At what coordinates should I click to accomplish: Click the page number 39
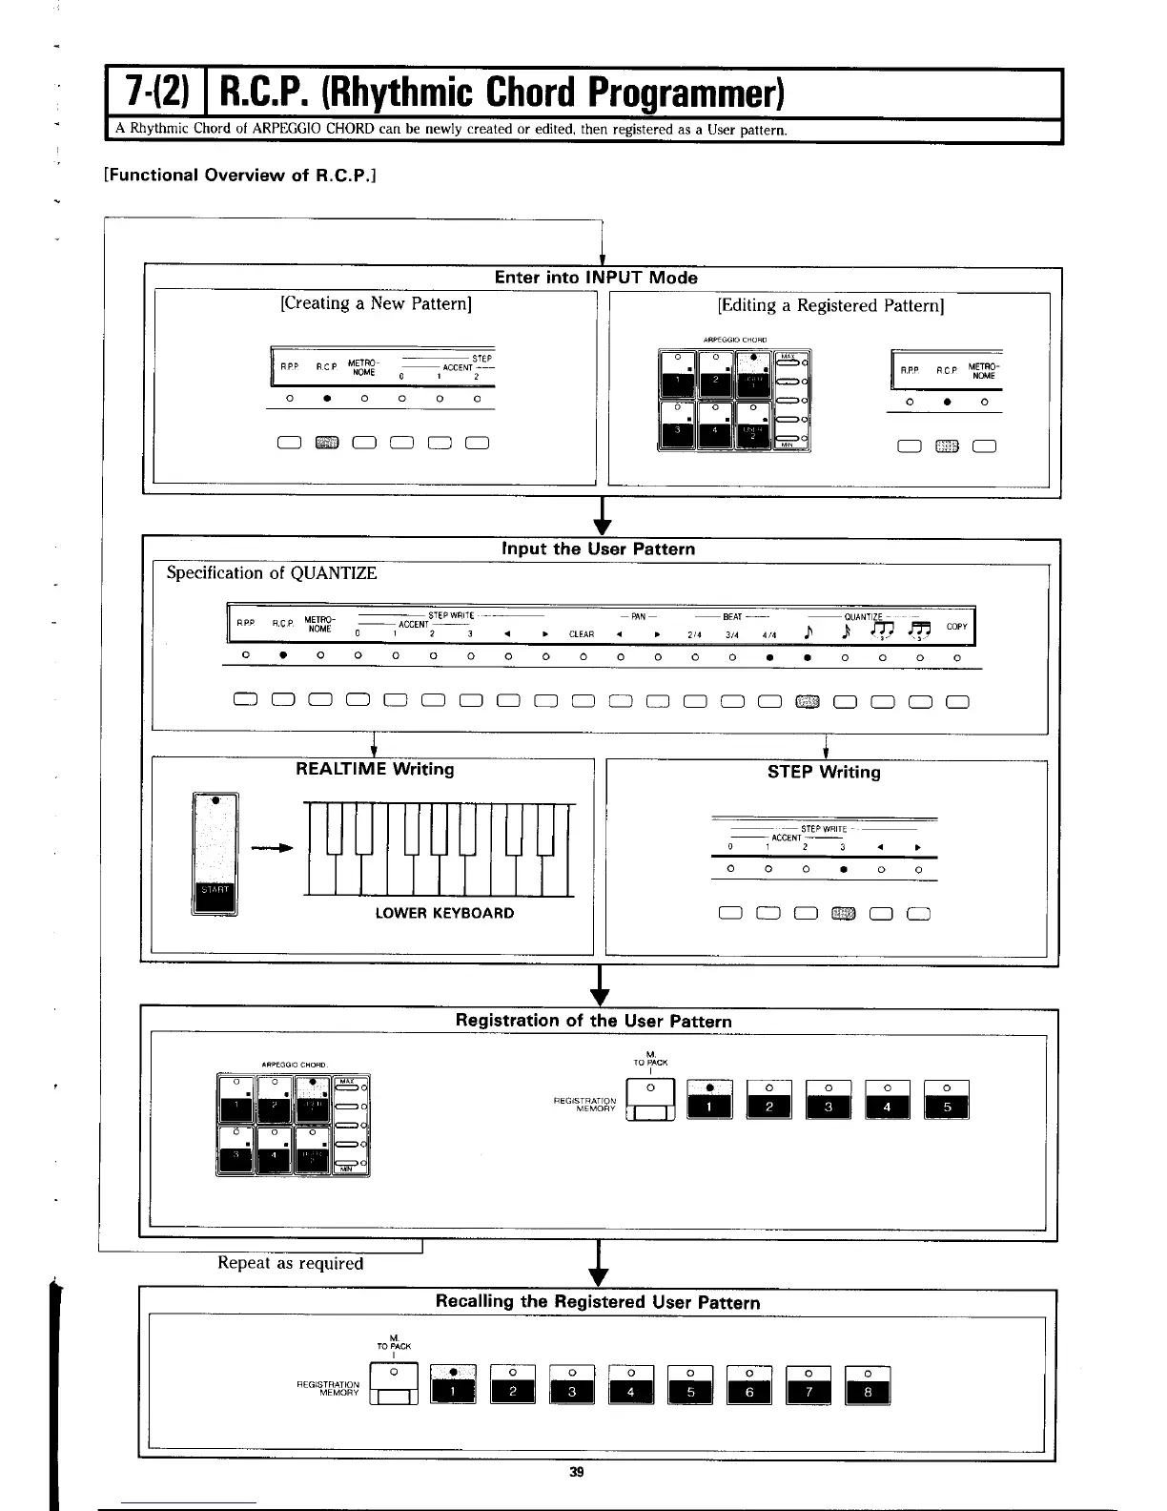click(576, 1472)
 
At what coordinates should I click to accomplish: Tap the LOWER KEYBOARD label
click(444, 913)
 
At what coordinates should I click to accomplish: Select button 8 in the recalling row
click(867, 1392)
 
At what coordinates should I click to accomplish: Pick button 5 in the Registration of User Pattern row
click(947, 1106)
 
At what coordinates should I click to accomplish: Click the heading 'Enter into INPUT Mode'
click(596, 278)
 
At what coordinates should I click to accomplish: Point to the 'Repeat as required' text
click(291, 1263)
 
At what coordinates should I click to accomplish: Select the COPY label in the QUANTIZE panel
click(957, 627)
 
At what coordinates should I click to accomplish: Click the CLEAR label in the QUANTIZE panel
click(582, 633)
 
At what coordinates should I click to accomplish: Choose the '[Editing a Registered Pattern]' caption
click(829, 305)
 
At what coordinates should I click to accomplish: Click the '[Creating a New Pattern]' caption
click(376, 303)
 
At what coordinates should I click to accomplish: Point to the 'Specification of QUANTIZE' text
click(272, 573)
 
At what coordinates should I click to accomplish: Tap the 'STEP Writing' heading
click(824, 772)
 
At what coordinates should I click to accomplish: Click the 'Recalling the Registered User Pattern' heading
click(598, 1302)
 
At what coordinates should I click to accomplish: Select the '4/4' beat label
click(768, 633)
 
